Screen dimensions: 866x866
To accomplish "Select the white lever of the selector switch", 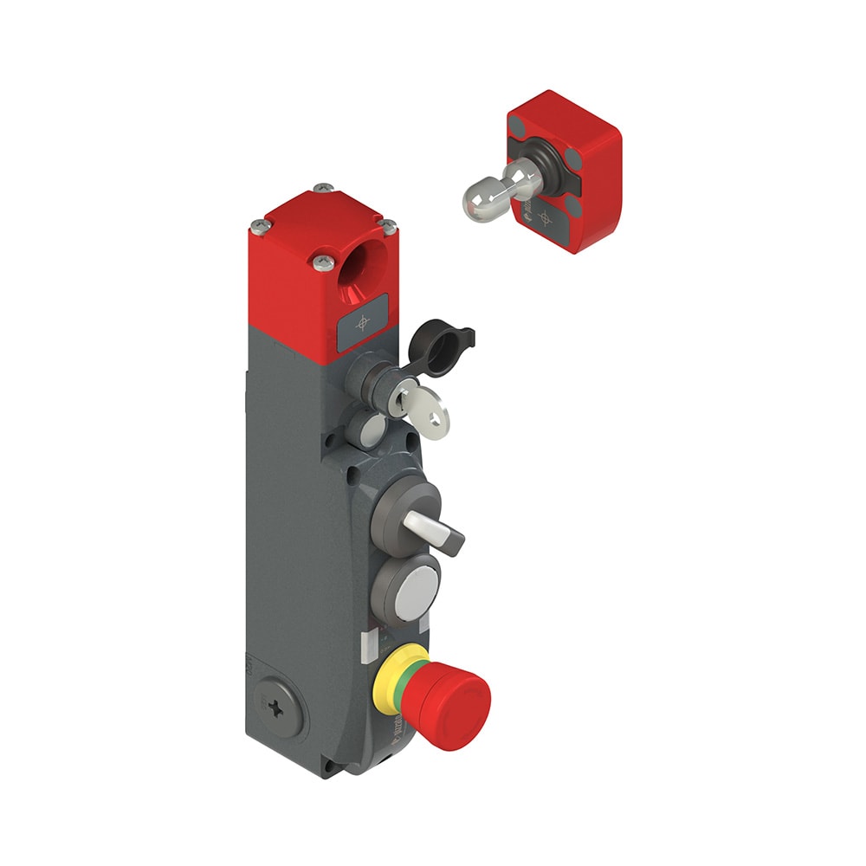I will (x=422, y=524).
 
